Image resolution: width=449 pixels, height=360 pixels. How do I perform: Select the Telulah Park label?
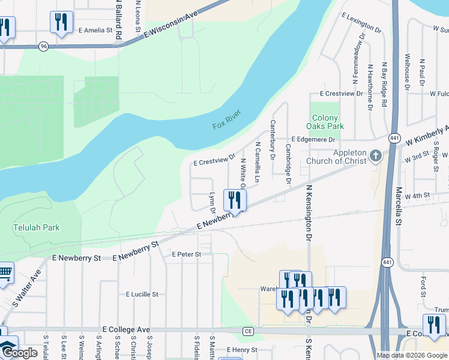click(32, 228)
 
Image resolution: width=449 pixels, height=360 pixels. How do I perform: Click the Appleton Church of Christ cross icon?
click(376, 156)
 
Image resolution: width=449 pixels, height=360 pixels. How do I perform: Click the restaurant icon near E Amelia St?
click(61, 23)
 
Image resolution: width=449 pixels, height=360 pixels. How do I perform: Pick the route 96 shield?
click(43, 46)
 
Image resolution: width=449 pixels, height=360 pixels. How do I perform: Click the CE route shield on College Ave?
click(249, 331)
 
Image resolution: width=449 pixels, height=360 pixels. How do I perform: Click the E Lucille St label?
click(142, 295)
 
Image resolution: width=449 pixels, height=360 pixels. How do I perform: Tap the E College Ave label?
click(125, 330)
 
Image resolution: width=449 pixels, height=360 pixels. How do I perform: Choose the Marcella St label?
click(398, 206)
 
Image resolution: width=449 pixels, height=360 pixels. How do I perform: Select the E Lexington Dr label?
click(361, 22)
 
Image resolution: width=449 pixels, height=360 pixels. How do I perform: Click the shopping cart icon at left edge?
click(5, 273)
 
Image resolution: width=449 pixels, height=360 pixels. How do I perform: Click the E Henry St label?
click(241, 350)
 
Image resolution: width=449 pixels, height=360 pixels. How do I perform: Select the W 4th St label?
click(418, 196)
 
